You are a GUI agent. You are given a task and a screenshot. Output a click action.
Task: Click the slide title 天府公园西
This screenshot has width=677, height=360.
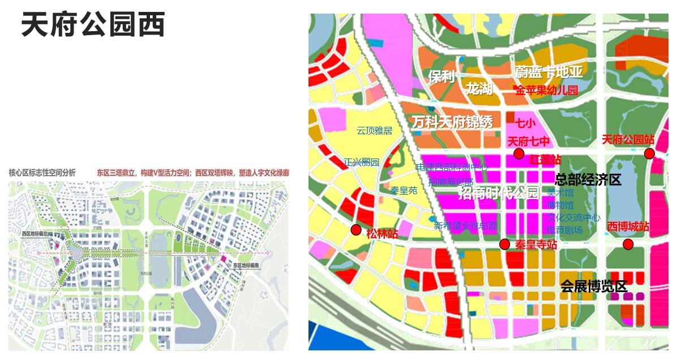click(93, 25)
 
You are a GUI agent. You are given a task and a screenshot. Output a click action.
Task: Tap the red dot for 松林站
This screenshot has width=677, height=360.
click(356, 229)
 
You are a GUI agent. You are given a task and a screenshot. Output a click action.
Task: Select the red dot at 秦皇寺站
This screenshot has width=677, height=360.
click(504, 244)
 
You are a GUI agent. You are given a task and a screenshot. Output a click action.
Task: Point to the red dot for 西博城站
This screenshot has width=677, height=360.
click(628, 244)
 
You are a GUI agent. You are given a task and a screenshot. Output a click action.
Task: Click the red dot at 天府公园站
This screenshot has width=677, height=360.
click(649, 153)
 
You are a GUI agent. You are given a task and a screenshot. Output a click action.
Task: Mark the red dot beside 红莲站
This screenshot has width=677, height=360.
click(519, 154)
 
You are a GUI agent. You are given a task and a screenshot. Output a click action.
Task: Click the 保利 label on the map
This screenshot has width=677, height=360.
click(442, 77)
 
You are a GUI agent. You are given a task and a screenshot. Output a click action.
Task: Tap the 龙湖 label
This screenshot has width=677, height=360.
click(479, 89)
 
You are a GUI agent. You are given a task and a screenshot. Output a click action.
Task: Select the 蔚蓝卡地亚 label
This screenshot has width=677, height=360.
click(549, 72)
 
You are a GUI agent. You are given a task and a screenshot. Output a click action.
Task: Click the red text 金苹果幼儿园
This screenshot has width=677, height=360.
click(546, 90)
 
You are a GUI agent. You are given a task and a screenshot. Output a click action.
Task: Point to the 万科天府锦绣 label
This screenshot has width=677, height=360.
click(452, 122)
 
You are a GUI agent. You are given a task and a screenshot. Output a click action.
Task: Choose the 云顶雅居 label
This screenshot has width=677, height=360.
click(374, 131)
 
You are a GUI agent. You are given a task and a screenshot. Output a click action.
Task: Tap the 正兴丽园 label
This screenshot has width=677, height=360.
click(362, 162)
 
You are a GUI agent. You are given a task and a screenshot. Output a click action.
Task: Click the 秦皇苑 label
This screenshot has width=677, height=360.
click(404, 191)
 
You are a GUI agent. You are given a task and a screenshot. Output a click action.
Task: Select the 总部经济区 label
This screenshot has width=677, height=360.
click(588, 180)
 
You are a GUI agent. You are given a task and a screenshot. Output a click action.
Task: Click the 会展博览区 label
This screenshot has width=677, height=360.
click(594, 286)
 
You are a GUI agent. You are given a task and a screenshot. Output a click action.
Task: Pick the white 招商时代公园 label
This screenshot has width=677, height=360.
click(498, 194)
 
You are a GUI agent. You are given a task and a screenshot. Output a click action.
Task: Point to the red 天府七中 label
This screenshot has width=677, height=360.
click(529, 142)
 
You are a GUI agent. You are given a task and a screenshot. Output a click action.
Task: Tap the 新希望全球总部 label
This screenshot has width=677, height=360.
click(465, 226)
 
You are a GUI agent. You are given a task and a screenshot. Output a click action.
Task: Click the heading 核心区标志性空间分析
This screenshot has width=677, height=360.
click(42, 172)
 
